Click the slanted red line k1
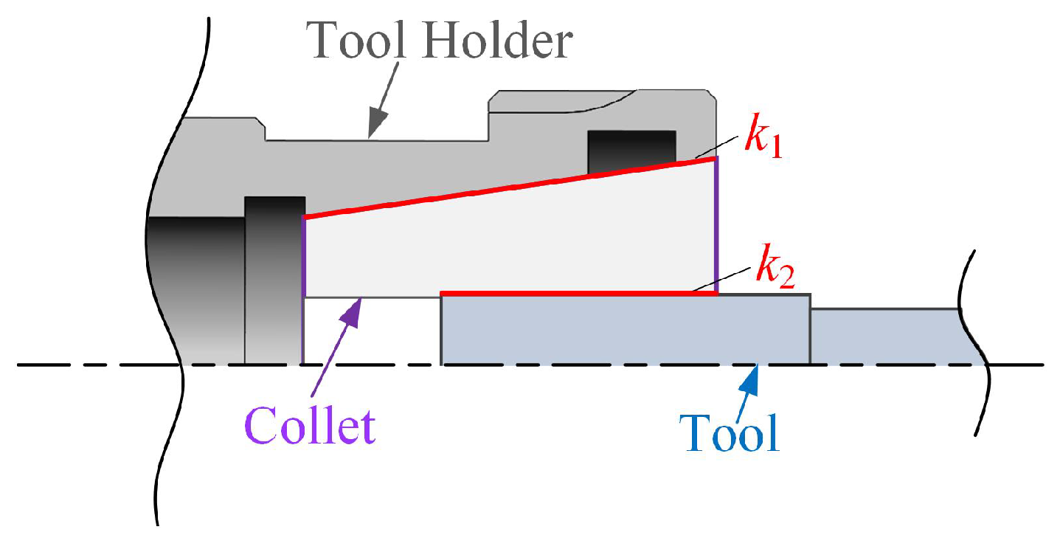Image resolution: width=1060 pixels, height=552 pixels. pos(509,188)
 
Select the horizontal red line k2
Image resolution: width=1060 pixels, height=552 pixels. pos(579,294)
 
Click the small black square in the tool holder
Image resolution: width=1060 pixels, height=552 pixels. pos(631,153)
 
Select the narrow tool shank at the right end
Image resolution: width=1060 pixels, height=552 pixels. pos(885,336)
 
